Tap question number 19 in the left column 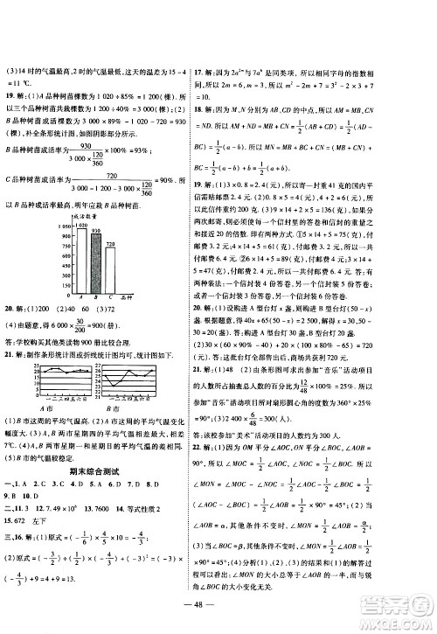click(x=12, y=94)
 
